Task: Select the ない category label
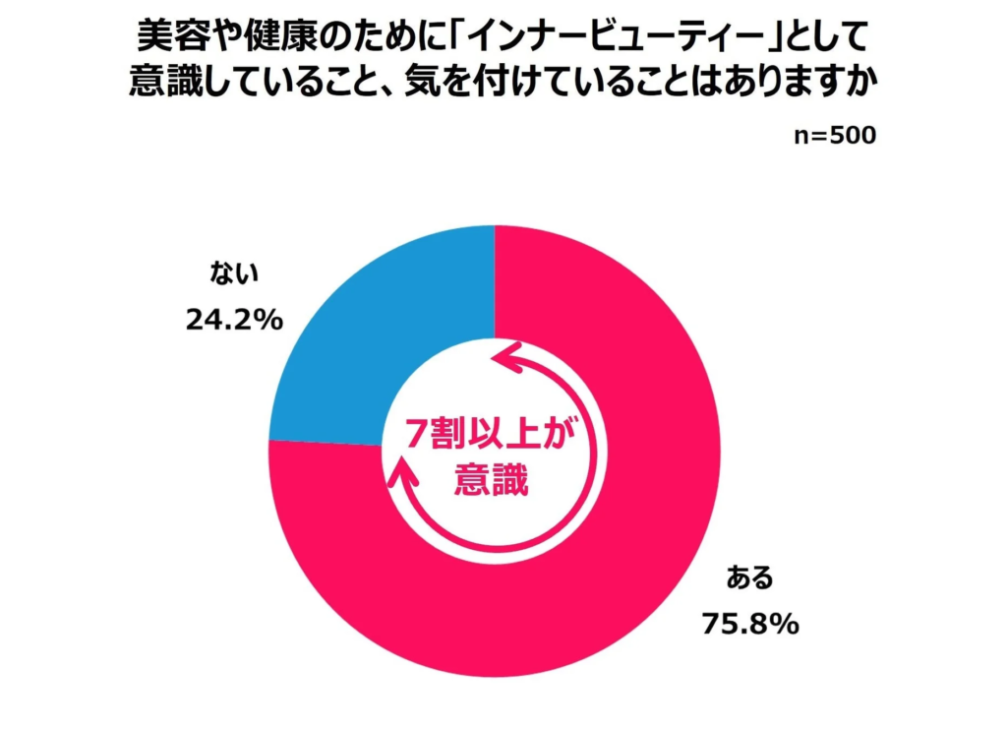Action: click(234, 273)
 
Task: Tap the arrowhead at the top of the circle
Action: click(509, 359)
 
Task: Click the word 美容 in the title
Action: click(168, 39)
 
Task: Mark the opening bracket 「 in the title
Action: click(452, 39)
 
